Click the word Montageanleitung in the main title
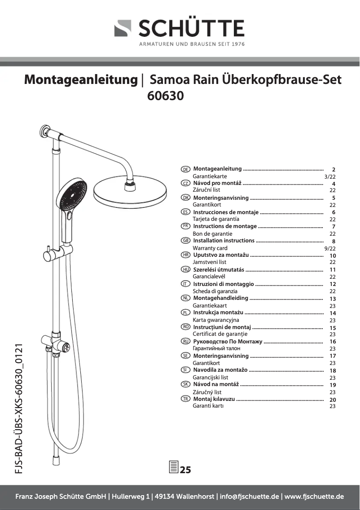tap(81, 80)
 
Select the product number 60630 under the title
tap(166, 96)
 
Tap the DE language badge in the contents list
tap(185, 169)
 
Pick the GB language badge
tap(185, 241)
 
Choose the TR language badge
tap(185, 399)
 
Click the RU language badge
tap(185, 342)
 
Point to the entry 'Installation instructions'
tap(224, 241)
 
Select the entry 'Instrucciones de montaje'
tap(226, 212)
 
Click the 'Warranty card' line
tap(210, 248)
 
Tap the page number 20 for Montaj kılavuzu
tap(333, 400)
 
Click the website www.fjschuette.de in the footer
tap(315, 497)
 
